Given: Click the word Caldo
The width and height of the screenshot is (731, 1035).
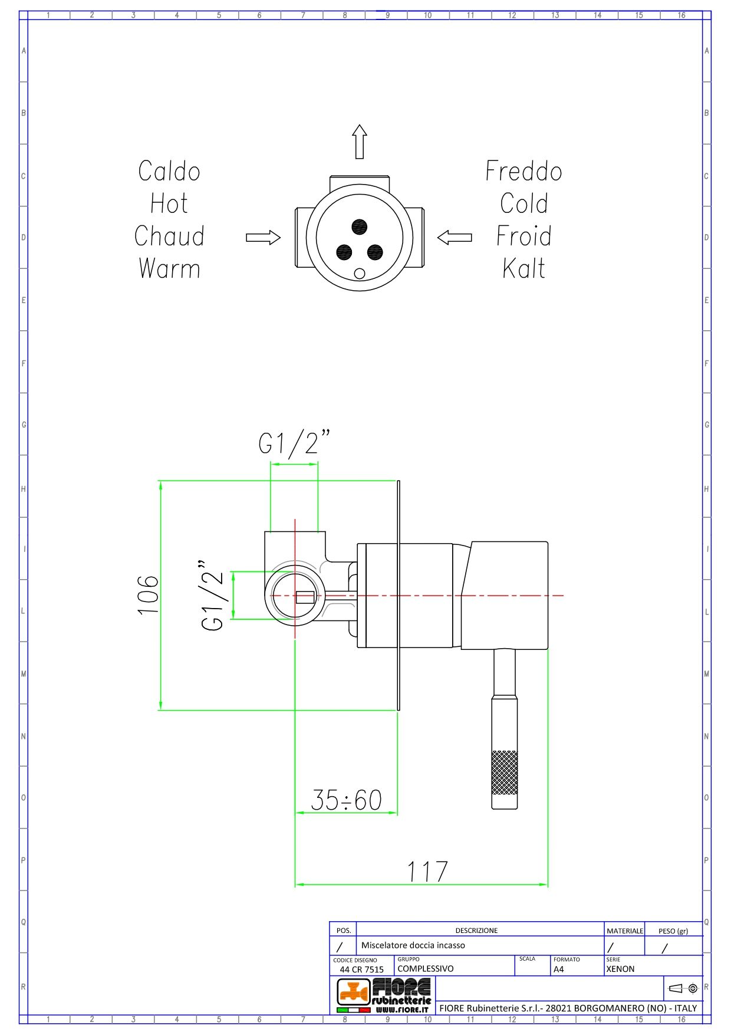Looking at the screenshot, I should point(169,172).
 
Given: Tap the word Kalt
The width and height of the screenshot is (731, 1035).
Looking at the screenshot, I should point(523,269).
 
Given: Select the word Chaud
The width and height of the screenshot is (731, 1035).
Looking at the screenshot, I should point(169,236).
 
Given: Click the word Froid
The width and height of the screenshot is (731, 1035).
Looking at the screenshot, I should point(523,236).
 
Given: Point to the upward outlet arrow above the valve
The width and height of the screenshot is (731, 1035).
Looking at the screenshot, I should point(360,142).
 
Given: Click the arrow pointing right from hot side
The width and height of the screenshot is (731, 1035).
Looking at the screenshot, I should point(263,238).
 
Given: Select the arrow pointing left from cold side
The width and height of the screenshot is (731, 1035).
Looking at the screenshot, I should point(455,238).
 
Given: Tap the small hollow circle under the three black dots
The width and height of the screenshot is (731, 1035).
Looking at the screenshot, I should point(360,273).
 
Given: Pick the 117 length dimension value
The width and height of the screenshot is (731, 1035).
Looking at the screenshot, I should point(427,872).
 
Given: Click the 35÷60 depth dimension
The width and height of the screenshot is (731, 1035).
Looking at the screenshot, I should point(346,800).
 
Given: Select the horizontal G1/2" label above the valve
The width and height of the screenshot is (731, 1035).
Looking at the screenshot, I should point(294,443).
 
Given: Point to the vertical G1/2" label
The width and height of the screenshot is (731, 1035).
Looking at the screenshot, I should point(212,596).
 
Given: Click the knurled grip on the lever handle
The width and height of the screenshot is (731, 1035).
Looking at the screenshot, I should point(505,772).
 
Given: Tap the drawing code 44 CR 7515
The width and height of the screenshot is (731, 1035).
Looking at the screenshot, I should point(361,969).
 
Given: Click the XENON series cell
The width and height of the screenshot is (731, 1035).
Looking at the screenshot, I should point(620,968).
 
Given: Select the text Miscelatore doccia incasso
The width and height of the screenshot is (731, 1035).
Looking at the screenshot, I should point(413,945).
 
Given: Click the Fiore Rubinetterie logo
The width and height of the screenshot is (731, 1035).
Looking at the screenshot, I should point(384,995).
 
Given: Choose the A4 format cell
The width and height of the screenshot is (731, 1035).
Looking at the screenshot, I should point(559,968).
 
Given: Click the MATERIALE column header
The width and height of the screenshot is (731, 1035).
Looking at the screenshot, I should point(624,931).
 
